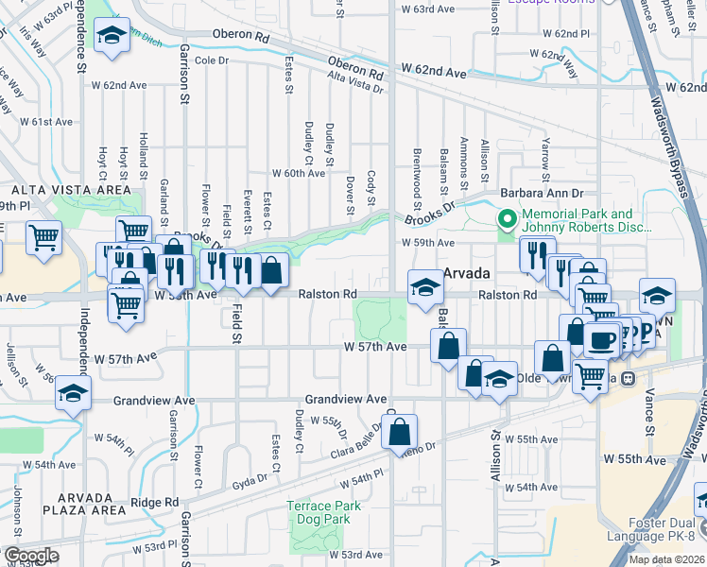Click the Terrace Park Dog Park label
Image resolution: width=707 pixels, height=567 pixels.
coord(324,513)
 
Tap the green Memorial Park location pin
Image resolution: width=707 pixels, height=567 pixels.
coord(507,221)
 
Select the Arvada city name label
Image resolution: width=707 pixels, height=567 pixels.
coord(466,273)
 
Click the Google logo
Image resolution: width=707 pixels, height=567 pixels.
coord(30,556)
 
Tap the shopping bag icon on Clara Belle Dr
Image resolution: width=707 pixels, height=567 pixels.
coord(401,431)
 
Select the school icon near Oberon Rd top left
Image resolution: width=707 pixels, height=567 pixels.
coord(112,37)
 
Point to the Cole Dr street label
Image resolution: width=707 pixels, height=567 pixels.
coord(212,60)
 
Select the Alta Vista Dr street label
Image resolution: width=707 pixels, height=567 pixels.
coord(355,83)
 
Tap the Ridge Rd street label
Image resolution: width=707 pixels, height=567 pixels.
coord(155,503)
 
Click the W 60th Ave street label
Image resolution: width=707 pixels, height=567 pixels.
coord(298,174)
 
